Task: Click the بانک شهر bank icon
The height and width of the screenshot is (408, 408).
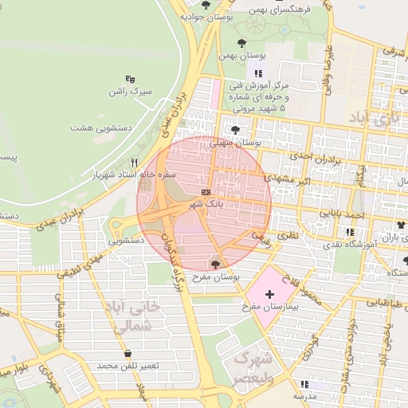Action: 206,192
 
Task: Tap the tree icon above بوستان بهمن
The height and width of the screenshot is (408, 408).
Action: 241,43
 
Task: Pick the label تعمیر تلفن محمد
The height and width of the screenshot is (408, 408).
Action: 128,365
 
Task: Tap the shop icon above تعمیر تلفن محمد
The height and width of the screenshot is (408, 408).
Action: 127,353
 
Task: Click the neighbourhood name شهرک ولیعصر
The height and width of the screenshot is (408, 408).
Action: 253,368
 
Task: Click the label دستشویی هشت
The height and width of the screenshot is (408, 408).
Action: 100,127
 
